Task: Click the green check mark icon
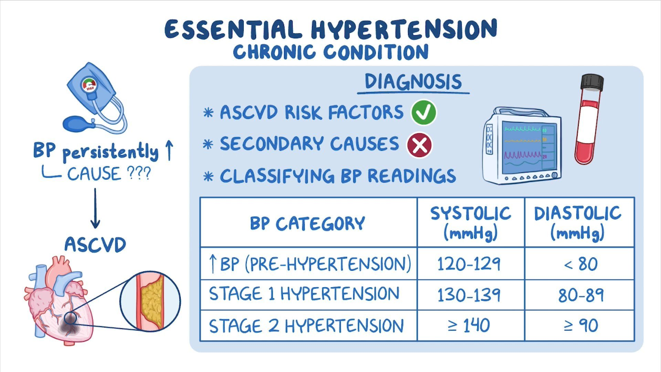coord(424,113)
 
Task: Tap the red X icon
coord(419,145)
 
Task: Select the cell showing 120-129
coord(470,263)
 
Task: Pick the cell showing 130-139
coord(470,295)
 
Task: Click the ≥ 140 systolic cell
coord(470,326)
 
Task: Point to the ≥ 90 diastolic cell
coord(579,326)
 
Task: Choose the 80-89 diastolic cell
coord(579,295)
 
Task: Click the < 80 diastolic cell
coord(579,263)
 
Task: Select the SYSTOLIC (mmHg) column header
coord(470,222)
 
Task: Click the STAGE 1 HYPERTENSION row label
coord(304,294)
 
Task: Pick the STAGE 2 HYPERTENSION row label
coord(306,326)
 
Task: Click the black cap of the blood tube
coord(592,82)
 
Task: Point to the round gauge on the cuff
coord(89,85)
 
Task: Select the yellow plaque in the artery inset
coord(152,303)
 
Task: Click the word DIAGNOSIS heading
coord(413,82)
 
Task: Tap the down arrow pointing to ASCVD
coord(95,208)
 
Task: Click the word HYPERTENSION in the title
coord(404,29)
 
